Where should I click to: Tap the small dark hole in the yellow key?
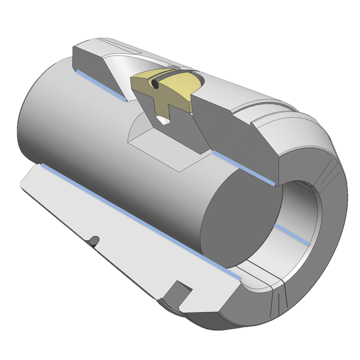click(x=154, y=84)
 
